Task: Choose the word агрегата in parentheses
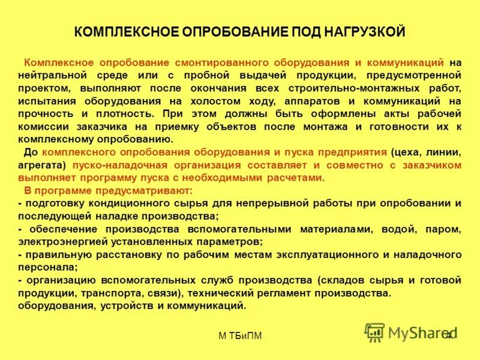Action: pyautogui.click(x=42, y=165)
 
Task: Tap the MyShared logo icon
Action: pyautogui.click(x=375, y=332)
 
